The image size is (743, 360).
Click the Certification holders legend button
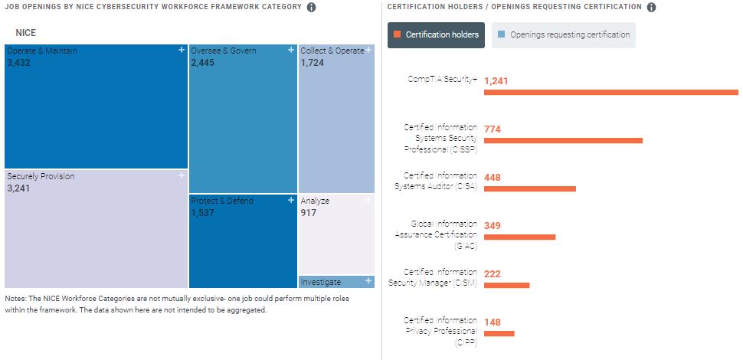coord(436,34)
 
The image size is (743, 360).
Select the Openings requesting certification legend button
coord(563,34)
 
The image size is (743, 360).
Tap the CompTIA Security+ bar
coord(610,93)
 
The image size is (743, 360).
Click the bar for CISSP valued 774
coord(563,141)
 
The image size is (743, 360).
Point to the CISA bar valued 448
coord(529,188)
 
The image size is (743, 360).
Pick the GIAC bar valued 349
coord(519,237)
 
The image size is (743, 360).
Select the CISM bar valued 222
coord(506,285)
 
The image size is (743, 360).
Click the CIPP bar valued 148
coord(499,333)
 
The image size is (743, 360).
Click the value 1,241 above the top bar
coord(496,80)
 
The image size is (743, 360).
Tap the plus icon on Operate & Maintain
coord(182,50)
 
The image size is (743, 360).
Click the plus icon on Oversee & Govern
coord(291,50)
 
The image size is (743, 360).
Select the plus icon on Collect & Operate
coord(369,50)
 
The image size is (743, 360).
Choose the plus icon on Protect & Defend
coord(291,200)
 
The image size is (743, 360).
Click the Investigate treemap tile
coord(336,282)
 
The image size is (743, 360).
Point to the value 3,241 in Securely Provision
coord(18,188)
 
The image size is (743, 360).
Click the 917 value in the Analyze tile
coord(308,213)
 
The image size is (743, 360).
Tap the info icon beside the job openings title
coord(311,8)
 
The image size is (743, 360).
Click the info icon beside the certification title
coord(651,8)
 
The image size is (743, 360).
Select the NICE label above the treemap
coord(25,33)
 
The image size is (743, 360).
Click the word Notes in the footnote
coord(15,299)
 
